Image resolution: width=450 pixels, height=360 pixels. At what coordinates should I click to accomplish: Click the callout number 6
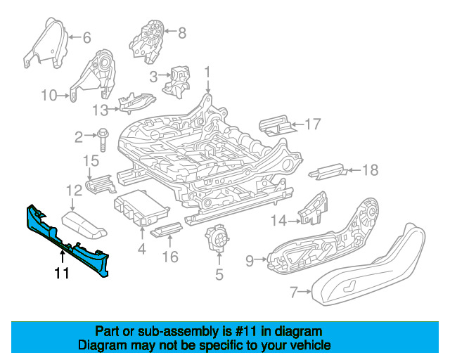coord(86,37)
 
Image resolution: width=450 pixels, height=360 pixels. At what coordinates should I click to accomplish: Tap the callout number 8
coord(182,32)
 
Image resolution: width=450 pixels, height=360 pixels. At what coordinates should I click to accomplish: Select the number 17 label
coord(312,124)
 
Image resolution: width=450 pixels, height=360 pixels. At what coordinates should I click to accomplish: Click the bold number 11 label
coord(62,273)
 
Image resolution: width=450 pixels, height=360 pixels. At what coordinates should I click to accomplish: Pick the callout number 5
coord(219,275)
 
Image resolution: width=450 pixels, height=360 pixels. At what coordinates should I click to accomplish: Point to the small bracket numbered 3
coord(176,80)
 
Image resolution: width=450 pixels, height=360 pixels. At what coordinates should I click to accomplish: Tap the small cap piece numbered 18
coord(327,171)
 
